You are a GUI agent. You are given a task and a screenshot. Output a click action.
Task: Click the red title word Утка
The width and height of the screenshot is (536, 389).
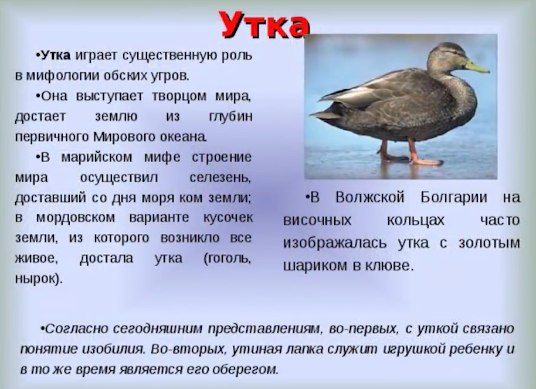[x=265, y=25]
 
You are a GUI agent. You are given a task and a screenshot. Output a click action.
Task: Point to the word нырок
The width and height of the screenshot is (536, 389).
[x=38, y=279]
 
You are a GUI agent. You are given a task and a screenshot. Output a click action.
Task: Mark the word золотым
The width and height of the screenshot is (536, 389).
[x=491, y=242]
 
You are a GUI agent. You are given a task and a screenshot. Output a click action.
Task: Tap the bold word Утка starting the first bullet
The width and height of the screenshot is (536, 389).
[x=55, y=55]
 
